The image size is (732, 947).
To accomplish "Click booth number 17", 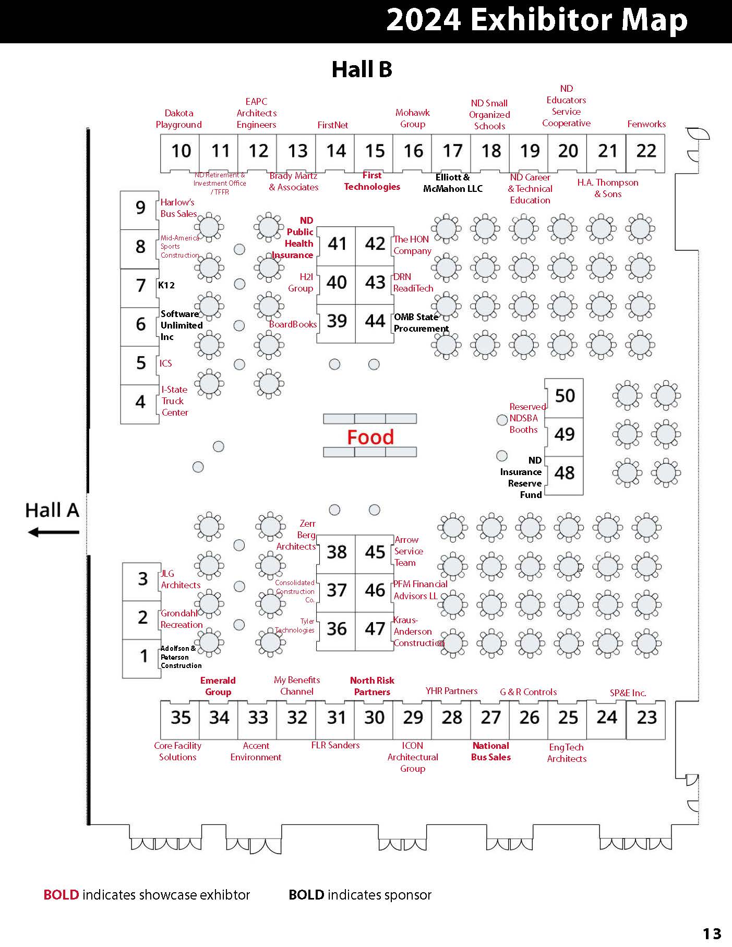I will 452,151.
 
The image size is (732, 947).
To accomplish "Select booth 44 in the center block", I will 375,321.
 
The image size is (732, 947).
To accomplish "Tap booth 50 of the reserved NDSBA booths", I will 565,396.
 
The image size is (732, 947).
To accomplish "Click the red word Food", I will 370,438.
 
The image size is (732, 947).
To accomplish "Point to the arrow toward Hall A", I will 53,532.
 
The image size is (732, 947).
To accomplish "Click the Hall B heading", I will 362,69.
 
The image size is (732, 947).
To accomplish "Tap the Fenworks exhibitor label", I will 646,124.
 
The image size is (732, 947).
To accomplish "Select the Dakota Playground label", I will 178,119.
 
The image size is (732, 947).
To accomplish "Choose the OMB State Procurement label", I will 421,323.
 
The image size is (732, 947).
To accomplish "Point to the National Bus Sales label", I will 490,751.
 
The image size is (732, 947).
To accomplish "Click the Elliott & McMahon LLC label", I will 453,183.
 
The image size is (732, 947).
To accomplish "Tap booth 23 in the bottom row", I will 646,718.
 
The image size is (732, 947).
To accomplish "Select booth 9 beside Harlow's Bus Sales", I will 140,208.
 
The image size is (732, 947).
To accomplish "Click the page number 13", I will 712,933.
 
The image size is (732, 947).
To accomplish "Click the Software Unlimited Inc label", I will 181,325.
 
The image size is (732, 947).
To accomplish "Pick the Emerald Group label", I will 218,686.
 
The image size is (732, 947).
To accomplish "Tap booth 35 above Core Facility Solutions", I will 181,718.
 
